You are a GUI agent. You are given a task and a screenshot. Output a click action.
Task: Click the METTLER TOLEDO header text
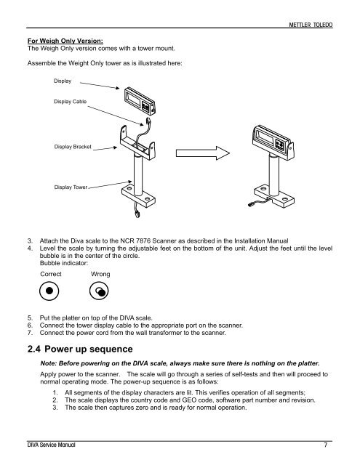click(311, 25)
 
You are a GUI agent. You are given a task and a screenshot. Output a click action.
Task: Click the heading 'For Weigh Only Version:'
click(65, 41)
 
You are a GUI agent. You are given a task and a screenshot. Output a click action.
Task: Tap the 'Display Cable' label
click(70, 102)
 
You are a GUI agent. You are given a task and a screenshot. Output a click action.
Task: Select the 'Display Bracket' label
click(73, 147)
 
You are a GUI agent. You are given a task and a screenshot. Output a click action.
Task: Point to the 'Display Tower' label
click(71, 187)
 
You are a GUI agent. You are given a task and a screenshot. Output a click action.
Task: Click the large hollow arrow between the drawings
click(203, 153)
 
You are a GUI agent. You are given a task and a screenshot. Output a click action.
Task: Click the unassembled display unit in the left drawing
click(140, 101)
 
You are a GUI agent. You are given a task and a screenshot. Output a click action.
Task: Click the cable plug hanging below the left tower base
click(137, 213)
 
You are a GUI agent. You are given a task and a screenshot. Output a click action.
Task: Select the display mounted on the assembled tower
click(273, 142)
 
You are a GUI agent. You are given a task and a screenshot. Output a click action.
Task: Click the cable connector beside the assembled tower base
click(252, 204)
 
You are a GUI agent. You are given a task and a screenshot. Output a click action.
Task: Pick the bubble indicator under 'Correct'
click(49, 291)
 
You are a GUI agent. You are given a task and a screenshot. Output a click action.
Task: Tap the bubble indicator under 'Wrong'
click(99, 291)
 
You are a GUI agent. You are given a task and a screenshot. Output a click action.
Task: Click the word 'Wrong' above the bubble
click(100, 274)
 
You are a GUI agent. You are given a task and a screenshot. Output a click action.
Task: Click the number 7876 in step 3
click(143, 240)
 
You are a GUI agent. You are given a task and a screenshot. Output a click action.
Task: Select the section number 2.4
click(34, 349)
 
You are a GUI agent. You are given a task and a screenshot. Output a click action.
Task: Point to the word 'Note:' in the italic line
click(49, 363)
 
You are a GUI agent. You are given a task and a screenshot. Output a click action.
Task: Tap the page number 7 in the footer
click(326, 445)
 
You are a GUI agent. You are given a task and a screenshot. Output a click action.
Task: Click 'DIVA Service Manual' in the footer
click(51, 445)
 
